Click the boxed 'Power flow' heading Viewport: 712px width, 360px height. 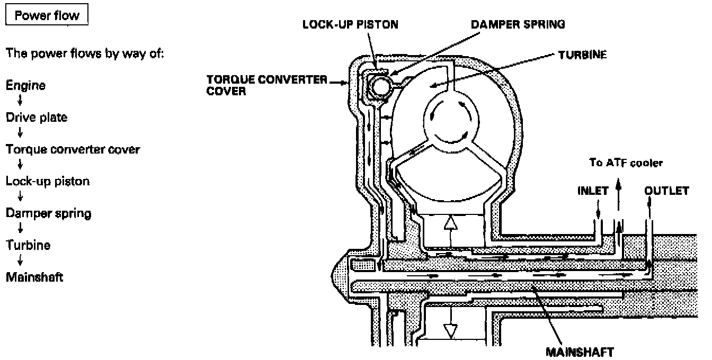pos(47,16)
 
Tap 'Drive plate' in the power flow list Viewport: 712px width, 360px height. pos(37,118)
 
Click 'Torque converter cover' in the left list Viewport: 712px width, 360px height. pos(73,149)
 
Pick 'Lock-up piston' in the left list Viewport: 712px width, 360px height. pos(48,181)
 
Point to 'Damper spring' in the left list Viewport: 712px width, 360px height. pos(48,213)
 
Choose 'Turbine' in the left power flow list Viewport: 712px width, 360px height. pos(28,245)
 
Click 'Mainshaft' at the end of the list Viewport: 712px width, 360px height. pos(34,277)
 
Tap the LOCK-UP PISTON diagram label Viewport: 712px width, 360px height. pos(350,25)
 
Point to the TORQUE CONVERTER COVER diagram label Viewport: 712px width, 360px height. pos(268,84)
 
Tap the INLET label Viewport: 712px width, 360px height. pos(593,191)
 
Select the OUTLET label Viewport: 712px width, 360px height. pos(666,191)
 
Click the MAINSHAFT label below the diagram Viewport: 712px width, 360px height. pos(580,352)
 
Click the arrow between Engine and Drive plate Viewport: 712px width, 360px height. pos(20,102)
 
